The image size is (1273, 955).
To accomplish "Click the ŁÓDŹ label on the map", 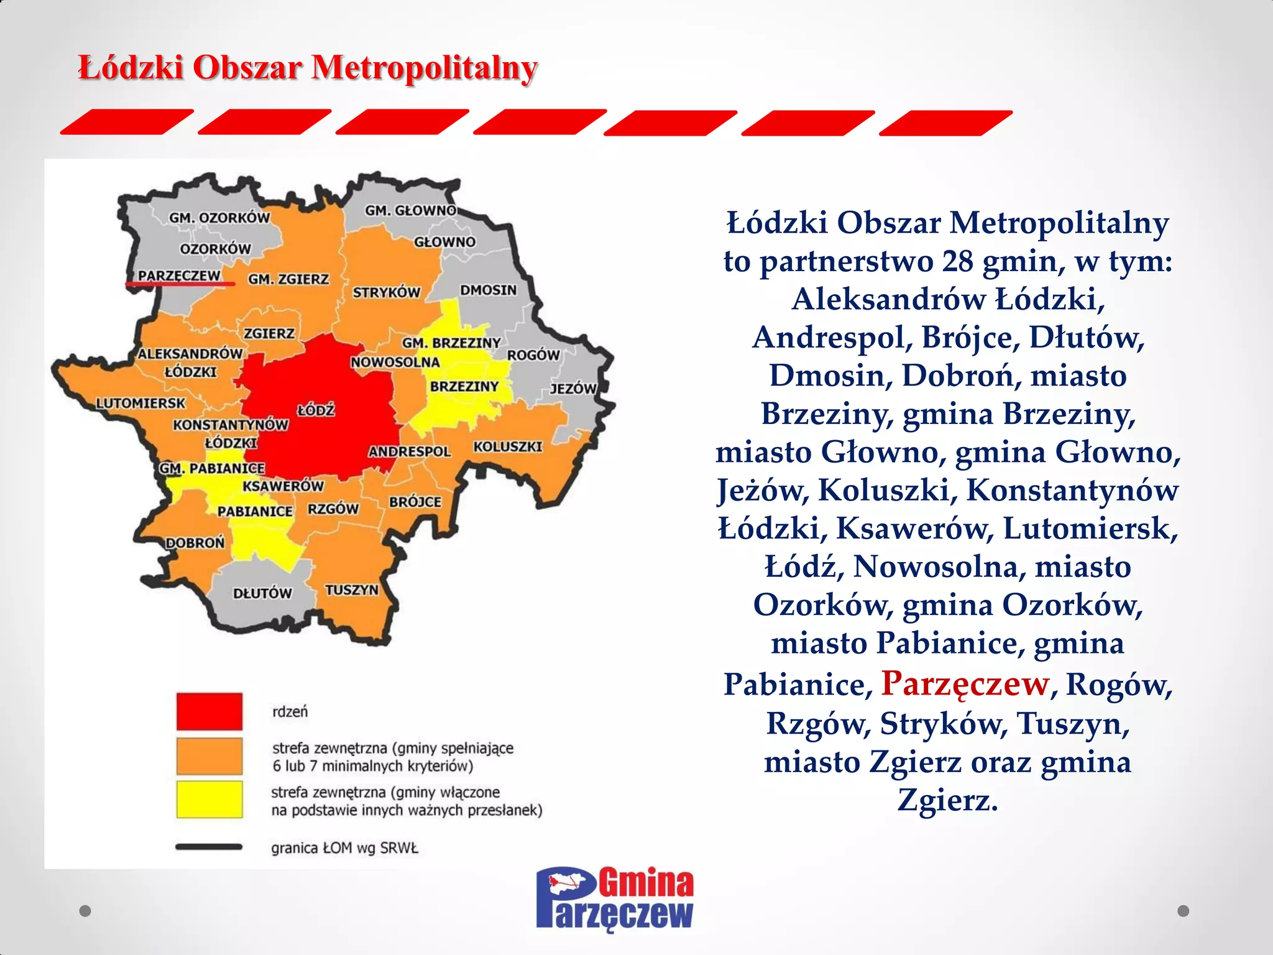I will pyautogui.click(x=316, y=410).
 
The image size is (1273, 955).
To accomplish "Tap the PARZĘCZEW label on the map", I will pyautogui.click(x=179, y=275).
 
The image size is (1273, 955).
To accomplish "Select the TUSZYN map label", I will pyautogui.click(x=352, y=589).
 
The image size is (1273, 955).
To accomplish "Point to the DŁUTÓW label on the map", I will pyautogui.click(x=262, y=593).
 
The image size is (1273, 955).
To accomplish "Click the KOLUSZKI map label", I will pyautogui.click(x=508, y=446).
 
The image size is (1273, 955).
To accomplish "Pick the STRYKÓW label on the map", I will pyautogui.click(x=387, y=292).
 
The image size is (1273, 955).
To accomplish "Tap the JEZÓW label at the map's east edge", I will pyautogui.click(x=573, y=389).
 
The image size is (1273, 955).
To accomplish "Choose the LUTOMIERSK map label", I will pyautogui.click(x=140, y=403).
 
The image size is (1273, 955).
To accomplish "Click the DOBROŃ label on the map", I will pyautogui.click(x=195, y=543).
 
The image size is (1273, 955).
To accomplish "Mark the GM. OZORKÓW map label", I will pyautogui.click(x=219, y=218).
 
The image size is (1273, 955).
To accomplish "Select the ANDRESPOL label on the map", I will pyautogui.click(x=410, y=451).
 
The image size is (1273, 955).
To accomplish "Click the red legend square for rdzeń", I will pyautogui.click(x=209, y=711).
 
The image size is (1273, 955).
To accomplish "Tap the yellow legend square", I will pyautogui.click(x=209, y=800).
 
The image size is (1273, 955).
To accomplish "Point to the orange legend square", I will pyautogui.click(x=209, y=756).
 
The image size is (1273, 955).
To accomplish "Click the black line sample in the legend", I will pyautogui.click(x=209, y=847).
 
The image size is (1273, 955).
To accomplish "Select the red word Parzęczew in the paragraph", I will pyautogui.click(x=965, y=684).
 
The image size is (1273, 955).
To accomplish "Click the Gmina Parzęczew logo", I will pyautogui.click(x=615, y=899).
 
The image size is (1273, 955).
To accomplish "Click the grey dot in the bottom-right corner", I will pyautogui.click(x=1183, y=911).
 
